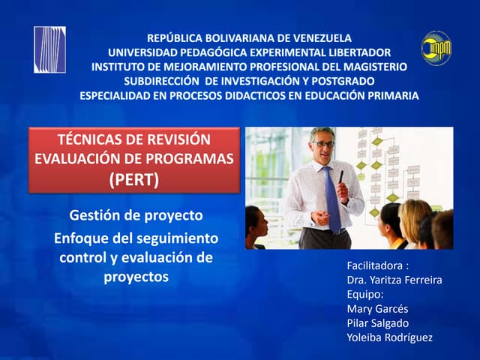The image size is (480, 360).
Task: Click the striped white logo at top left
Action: click(x=49, y=49)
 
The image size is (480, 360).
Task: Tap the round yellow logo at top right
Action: click(x=436, y=48)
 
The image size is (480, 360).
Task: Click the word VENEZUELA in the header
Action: click(x=316, y=37)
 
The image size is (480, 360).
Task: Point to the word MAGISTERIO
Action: click(x=374, y=66)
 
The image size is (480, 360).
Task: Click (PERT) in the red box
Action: click(x=134, y=178)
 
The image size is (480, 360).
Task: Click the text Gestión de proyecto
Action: click(x=136, y=215)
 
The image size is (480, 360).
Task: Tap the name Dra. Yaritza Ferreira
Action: click(x=394, y=280)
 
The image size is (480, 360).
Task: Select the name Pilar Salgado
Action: click(x=378, y=322)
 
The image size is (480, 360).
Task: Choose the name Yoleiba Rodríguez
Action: click(x=389, y=337)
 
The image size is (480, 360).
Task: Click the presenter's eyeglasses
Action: click(x=323, y=143)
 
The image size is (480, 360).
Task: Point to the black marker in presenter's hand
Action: click(x=340, y=177)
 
